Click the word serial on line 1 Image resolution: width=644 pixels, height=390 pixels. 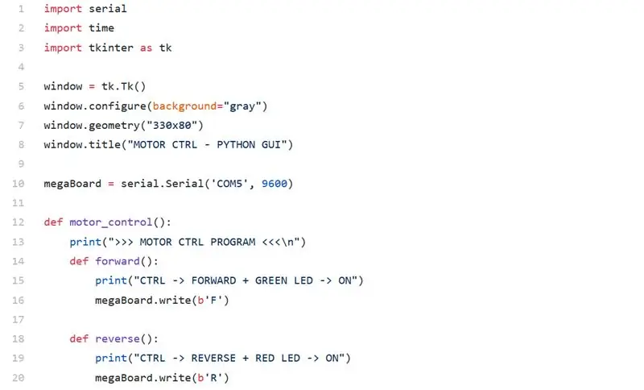pos(108,9)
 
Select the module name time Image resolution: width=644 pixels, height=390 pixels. pos(101,28)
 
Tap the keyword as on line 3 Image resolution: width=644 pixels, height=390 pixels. pos(146,48)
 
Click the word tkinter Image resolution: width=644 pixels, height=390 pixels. pos(111,48)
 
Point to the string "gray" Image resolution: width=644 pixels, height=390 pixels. pos(242,106)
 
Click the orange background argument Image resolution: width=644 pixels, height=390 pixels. pos(184,106)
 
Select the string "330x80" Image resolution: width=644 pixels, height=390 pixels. pos(171,125)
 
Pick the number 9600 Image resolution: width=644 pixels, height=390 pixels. pos(275,183)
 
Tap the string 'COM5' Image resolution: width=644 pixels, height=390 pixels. pos(229,183)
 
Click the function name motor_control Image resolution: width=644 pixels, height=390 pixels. pos(111,222)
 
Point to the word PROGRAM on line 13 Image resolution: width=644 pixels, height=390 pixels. pos(233,242)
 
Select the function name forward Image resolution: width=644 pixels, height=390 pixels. pos(118,261)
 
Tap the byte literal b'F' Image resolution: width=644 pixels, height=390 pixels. pos(210,300)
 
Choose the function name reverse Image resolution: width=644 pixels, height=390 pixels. pos(118,339)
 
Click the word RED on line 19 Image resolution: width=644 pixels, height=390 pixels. pos(265,359)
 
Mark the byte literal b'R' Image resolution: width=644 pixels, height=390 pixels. pos(210,378)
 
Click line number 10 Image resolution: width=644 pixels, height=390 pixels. pos(18,183)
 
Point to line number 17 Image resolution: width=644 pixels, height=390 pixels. pos(18,319)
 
